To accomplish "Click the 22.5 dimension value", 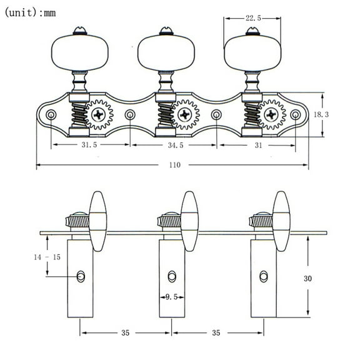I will point(253,19).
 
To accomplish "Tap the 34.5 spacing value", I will point(175,145).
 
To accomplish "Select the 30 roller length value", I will point(324,278).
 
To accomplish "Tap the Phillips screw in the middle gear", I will point(186,115).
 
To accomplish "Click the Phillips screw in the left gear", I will point(99,115).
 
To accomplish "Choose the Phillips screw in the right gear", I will point(272,115).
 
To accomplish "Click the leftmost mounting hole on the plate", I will point(51,115).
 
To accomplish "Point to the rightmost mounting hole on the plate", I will point(295,115).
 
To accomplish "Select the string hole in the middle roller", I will point(172,276).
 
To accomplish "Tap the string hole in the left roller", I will point(81,276).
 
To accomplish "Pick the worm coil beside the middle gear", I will point(166,115).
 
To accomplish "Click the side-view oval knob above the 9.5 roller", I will point(189,221).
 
